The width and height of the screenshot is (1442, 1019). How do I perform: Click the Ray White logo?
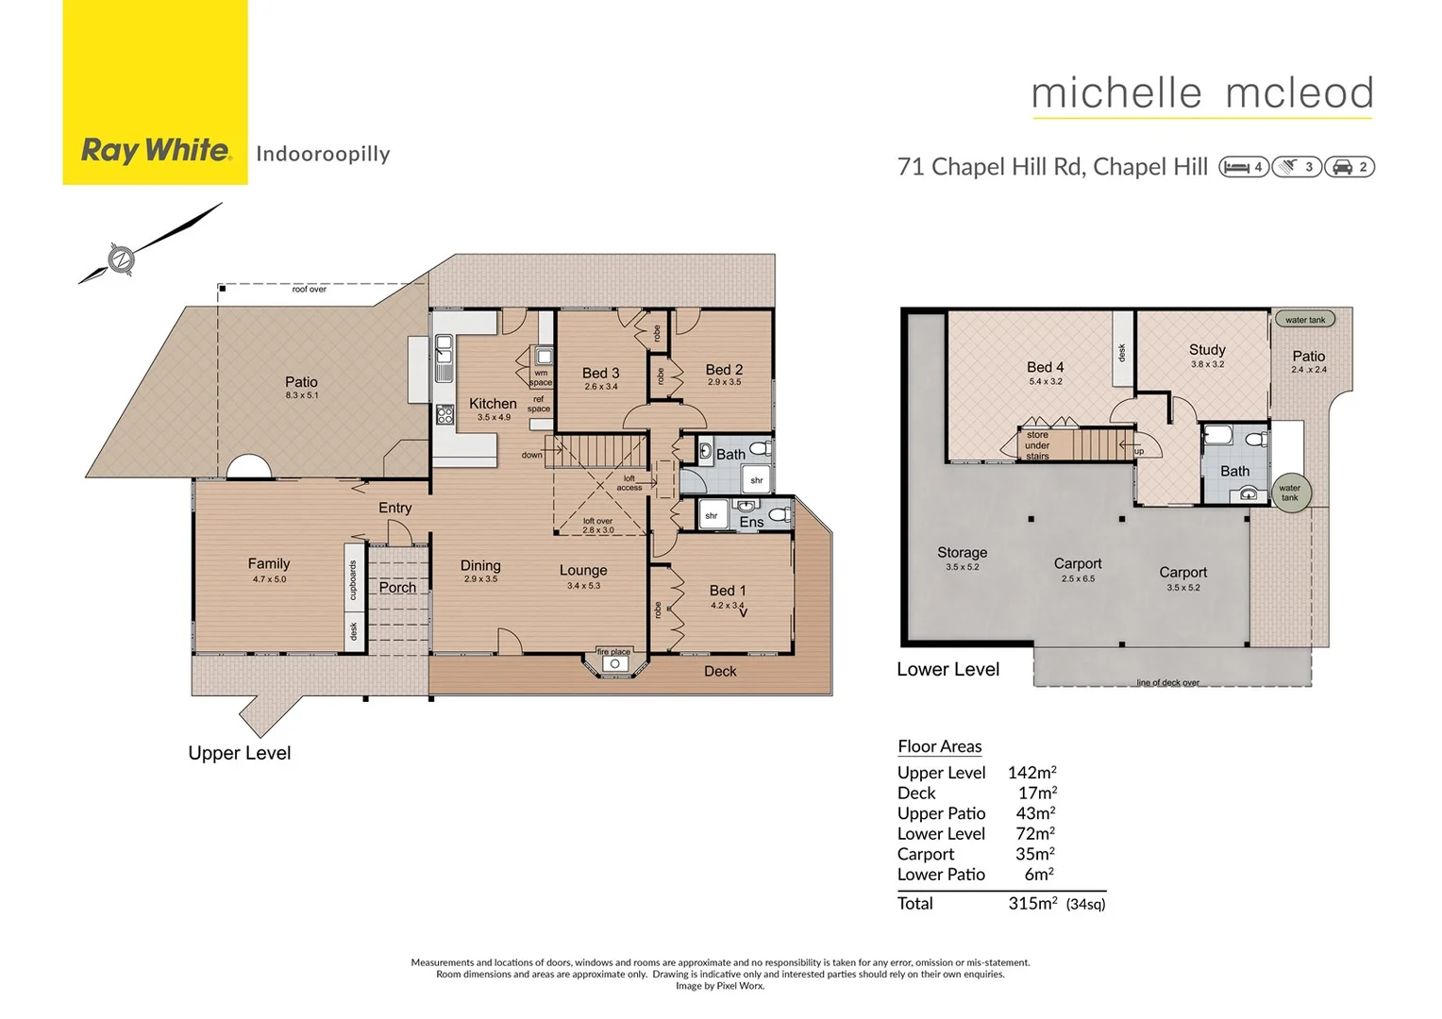(156, 150)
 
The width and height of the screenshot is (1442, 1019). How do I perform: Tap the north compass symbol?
(121, 259)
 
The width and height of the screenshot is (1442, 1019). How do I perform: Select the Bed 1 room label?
(727, 590)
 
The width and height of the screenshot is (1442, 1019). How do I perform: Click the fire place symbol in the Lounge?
(614, 663)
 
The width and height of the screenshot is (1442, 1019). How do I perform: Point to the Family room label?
(269, 563)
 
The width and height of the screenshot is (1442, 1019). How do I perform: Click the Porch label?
(397, 587)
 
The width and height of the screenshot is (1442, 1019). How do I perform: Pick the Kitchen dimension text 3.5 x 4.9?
(494, 417)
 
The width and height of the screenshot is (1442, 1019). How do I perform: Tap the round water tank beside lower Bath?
(1289, 493)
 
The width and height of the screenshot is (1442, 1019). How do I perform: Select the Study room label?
(1207, 349)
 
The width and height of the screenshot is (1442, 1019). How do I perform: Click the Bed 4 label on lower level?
(1045, 367)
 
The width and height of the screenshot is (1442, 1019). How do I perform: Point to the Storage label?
(962, 552)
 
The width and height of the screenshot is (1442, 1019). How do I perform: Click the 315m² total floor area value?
(1032, 903)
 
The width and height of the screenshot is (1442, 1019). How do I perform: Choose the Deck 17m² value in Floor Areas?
(1036, 793)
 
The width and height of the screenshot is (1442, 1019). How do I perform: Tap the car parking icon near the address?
(1341, 167)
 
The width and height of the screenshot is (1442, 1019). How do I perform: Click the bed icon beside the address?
(1236, 167)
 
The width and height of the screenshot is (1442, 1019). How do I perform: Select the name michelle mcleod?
(1201, 92)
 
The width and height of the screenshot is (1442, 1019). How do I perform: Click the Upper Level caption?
(239, 753)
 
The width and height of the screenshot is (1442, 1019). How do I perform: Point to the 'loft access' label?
(629, 483)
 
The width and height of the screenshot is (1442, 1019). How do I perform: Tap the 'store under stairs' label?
(1037, 445)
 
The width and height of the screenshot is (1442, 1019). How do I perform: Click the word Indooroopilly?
(323, 154)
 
